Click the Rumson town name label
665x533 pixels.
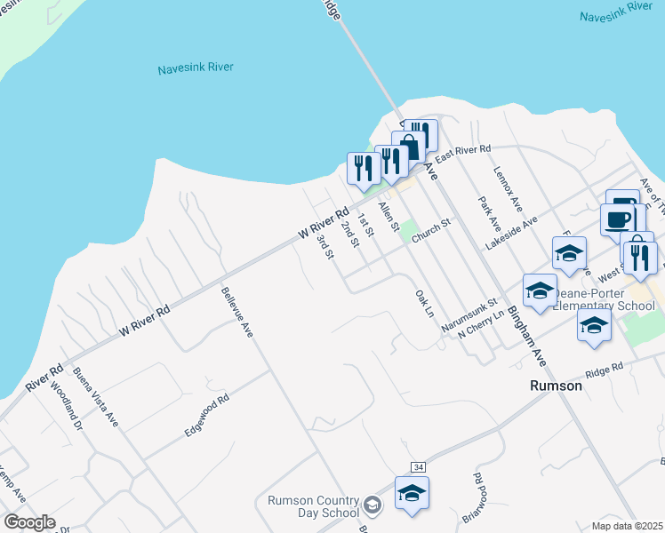[556, 386]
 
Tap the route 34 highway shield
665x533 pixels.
[417, 466]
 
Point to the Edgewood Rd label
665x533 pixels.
[206, 416]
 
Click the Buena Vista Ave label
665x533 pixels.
[96, 396]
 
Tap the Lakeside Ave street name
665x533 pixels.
[511, 233]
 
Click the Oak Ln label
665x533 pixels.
[424, 303]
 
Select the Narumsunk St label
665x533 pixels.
[466, 316]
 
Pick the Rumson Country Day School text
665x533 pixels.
[313, 506]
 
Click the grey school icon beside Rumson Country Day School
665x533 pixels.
[373, 506]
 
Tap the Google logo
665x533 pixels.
[29, 522]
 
